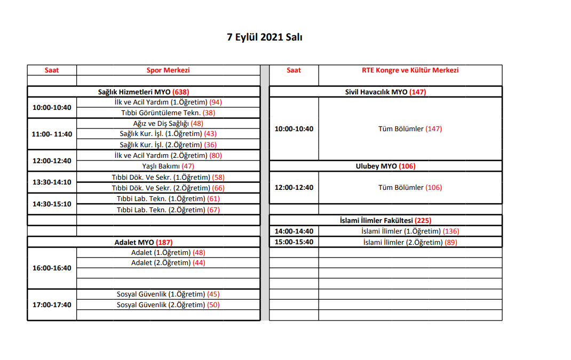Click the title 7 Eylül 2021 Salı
(x=265, y=37)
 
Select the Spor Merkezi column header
(x=168, y=70)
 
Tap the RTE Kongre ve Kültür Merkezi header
(x=410, y=70)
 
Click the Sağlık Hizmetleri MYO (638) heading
(x=144, y=92)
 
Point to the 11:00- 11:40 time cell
(x=52, y=134)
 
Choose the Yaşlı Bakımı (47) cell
(x=168, y=166)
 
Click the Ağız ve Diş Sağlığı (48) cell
(x=168, y=123)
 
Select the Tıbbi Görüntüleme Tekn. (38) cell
(x=168, y=113)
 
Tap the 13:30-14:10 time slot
(x=52, y=182)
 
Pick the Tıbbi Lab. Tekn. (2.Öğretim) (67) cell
(x=168, y=210)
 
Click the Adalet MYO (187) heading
(x=144, y=242)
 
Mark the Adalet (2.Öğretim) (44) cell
(x=168, y=262)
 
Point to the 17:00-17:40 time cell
(x=52, y=305)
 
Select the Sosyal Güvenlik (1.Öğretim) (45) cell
(x=168, y=294)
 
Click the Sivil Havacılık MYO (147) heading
(x=385, y=92)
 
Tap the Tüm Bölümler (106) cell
(x=410, y=187)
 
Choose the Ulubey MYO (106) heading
(x=385, y=166)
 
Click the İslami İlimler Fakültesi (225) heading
(x=385, y=220)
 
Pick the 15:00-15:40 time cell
(x=294, y=242)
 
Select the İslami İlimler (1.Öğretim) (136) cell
(x=410, y=231)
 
